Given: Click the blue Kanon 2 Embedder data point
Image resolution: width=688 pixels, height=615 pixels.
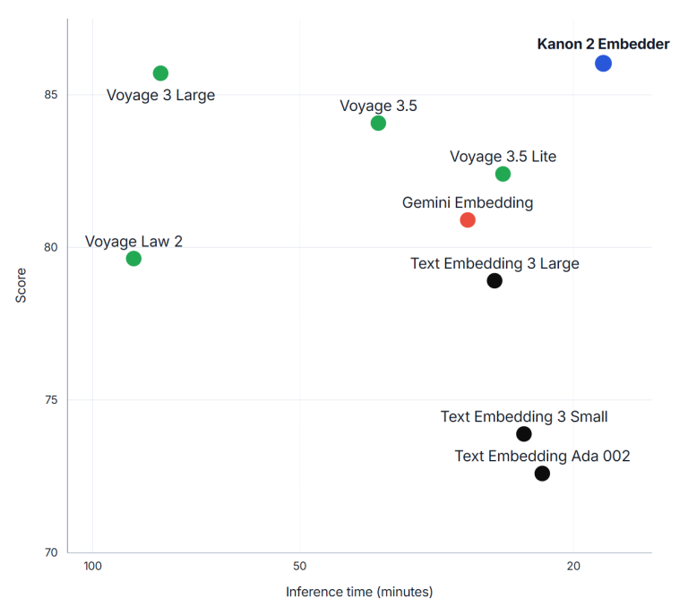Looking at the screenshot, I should click(x=603, y=64).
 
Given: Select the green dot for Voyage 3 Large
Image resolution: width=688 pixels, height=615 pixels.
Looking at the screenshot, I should click(x=160, y=73).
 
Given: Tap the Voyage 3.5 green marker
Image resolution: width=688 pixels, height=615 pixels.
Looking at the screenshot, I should click(x=378, y=124).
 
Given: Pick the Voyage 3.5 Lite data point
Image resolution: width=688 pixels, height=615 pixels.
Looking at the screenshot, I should click(x=503, y=174).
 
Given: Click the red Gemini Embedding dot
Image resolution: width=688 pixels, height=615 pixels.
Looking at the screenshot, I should click(x=468, y=220).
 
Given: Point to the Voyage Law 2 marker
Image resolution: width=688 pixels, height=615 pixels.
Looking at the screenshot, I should click(x=133, y=259).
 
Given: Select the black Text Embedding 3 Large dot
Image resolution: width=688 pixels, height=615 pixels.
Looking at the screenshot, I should click(x=494, y=281).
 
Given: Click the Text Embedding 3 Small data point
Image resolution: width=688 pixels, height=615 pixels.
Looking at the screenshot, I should click(x=524, y=434).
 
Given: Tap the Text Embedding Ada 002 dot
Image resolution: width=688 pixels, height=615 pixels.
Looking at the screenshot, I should click(x=542, y=474).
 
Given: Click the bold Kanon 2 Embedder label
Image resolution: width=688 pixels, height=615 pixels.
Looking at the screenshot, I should click(x=603, y=44).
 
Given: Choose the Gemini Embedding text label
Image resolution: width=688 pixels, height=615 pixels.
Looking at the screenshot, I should click(x=468, y=203).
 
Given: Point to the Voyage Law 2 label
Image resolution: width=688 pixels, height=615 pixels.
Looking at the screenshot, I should click(x=133, y=242).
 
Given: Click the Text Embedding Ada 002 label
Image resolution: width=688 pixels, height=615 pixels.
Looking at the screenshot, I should click(x=542, y=457).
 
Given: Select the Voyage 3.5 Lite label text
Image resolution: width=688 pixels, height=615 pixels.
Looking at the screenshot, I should click(x=503, y=157).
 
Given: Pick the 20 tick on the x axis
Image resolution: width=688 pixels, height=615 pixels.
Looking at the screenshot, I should click(x=573, y=567).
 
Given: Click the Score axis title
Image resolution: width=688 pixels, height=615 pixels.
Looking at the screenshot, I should click(x=21, y=286).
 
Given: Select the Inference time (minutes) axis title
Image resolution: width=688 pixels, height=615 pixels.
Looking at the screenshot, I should click(x=359, y=593).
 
